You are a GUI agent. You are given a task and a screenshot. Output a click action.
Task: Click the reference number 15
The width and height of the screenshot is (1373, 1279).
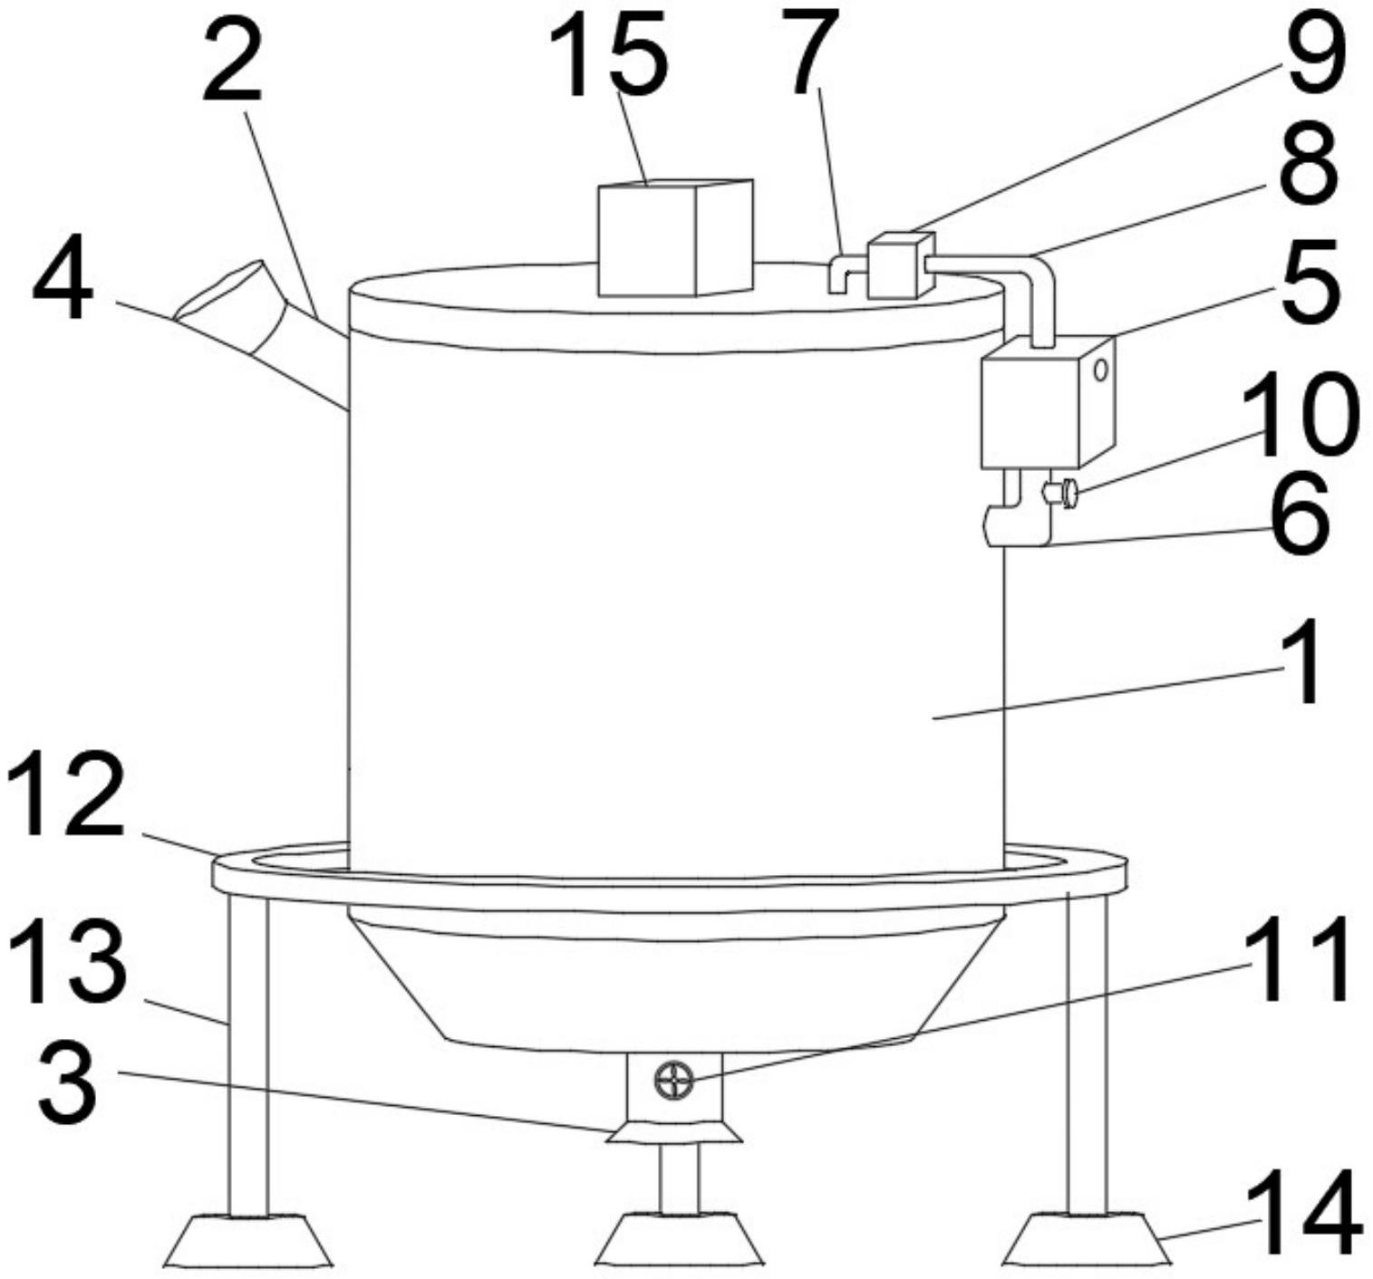(608, 54)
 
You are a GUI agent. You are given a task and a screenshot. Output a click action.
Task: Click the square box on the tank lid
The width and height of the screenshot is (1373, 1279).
(675, 237)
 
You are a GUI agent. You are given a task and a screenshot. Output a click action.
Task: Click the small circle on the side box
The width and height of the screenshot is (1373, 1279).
(1100, 370)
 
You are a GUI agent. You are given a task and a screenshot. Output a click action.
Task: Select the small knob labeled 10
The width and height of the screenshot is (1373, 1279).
(1060, 493)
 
